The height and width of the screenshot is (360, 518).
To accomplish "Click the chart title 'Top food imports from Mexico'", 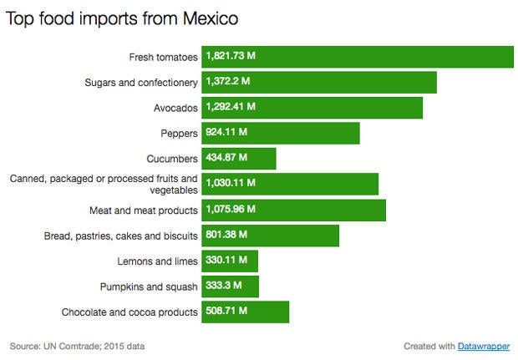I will pyautogui.click(x=122, y=18).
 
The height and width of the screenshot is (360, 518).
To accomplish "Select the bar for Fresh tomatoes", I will pyautogui.click(x=358, y=57).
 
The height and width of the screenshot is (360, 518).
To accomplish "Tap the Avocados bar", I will pyautogui.click(x=312, y=108).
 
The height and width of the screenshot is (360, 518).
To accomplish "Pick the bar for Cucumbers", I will pyautogui.click(x=238, y=159).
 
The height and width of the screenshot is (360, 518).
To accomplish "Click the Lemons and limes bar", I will pyautogui.click(x=230, y=261).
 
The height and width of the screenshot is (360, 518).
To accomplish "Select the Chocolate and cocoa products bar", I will pyautogui.click(x=245, y=312).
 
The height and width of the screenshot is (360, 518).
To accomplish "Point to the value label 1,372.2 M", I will pyautogui.click(x=228, y=82).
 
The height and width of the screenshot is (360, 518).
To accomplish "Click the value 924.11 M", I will pyautogui.click(x=226, y=133).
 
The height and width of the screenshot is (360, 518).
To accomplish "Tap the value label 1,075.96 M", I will pyautogui.click(x=231, y=210).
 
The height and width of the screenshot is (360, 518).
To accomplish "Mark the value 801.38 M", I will pyautogui.click(x=226, y=236).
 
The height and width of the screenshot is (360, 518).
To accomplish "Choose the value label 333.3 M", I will pyautogui.click(x=223, y=286).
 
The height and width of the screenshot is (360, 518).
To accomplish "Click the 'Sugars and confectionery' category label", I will pyautogui.click(x=141, y=83).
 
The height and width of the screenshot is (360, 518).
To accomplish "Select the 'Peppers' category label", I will pyautogui.click(x=179, y=134).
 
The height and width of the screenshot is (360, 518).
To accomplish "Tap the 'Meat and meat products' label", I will pyautogui.click(x=143, y=210).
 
